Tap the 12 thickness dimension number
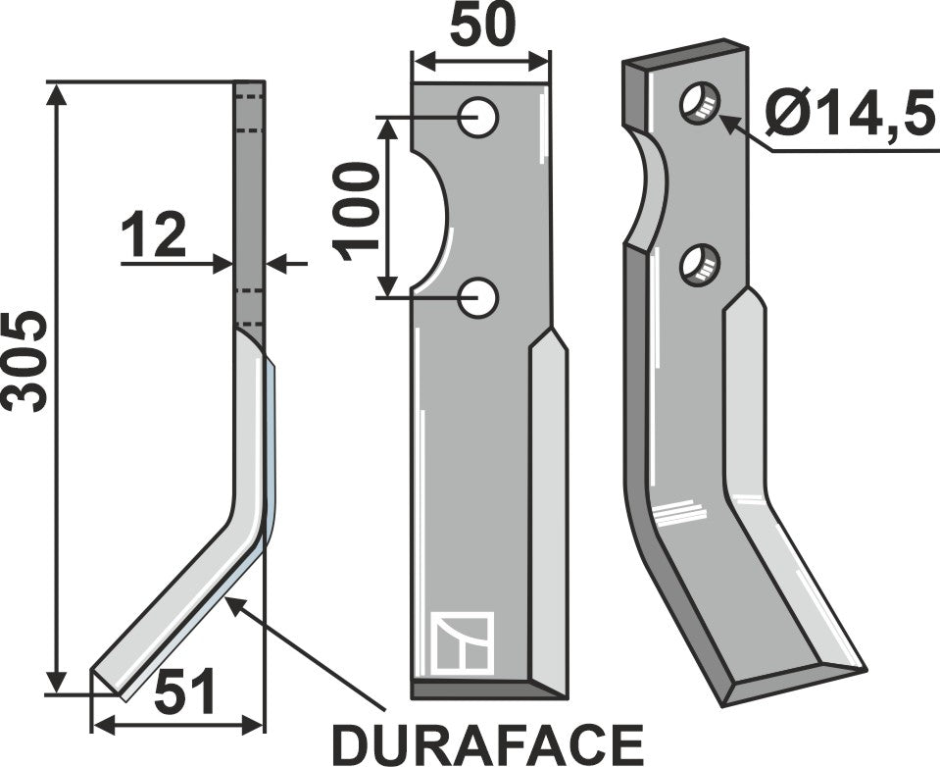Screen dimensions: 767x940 coord(153,236)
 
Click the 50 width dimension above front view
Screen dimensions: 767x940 coord(481,26)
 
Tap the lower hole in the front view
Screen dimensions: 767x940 coord(480,297)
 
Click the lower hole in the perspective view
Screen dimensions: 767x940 coord(701,263)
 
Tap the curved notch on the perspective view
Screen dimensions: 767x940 coord(649,191)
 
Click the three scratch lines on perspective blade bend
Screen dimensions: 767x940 coord(680,509)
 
